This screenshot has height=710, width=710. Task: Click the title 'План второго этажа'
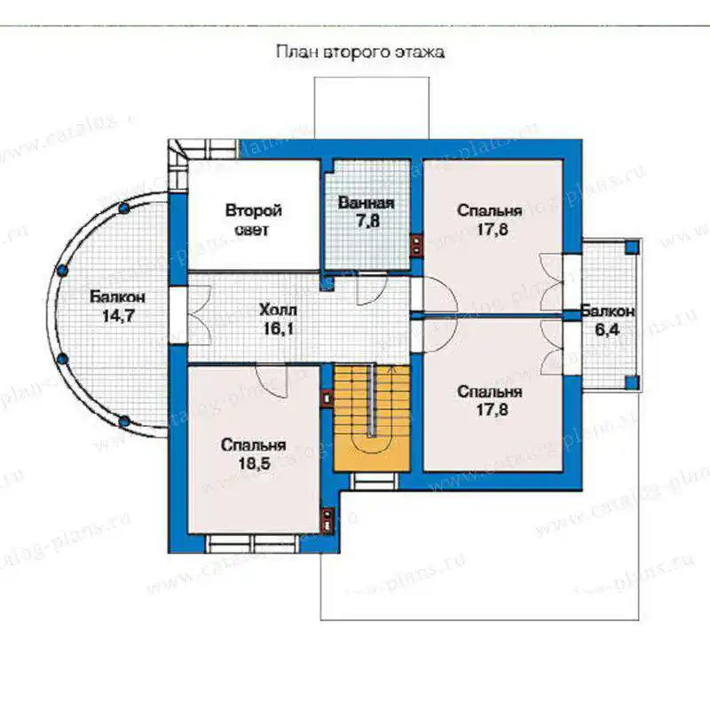[x=360, y=52]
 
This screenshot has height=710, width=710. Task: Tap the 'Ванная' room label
[x=367, y=202]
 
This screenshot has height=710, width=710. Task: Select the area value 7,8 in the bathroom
[x=367, y=221]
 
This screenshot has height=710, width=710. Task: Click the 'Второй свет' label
[x=254, y=220]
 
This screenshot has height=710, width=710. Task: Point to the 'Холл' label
[x=278, y=310]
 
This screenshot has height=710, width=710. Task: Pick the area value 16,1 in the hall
[x=279, y=328]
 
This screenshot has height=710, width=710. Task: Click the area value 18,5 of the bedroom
[x=254, y=463]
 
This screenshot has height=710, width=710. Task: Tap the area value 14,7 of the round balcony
[x=119, y=316]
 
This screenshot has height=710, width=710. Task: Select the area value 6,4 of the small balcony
[x=607, y=330]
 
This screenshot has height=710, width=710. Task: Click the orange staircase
[x=372, y=417]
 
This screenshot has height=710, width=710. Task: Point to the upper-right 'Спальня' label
[x=490, y=210]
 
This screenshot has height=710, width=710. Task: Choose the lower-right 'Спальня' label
[x=490, y=391]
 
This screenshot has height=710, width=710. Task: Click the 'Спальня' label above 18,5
[x=253, y=446]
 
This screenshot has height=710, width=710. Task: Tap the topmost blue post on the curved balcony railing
[x=124, y=209]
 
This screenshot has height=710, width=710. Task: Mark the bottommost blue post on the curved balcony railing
[x=123, y=421]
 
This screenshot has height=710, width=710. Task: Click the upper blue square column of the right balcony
[x=632, y=247]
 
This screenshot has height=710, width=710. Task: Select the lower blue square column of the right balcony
[x=632, y=383]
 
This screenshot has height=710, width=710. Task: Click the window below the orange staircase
[x=375, y=481]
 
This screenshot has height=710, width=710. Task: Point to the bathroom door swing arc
[x=373, y=290]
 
